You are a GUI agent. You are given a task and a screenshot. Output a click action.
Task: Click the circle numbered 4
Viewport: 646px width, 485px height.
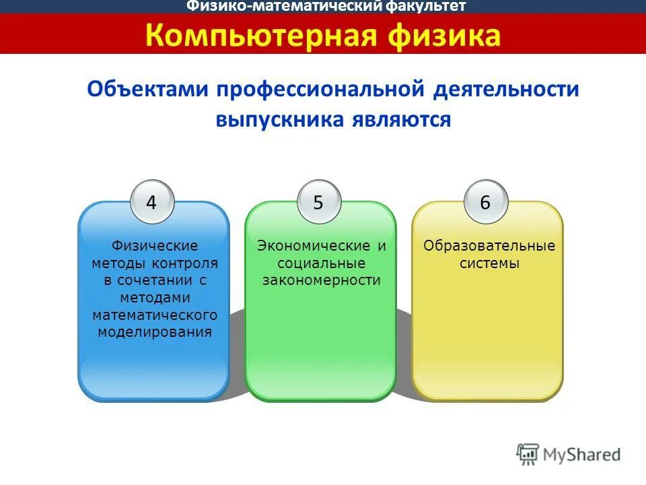[x=151, y=202]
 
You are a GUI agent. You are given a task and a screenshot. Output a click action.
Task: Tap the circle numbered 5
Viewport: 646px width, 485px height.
[x=318, y=202]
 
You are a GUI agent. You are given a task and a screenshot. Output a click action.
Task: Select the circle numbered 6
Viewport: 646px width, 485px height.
[x=485, y=202]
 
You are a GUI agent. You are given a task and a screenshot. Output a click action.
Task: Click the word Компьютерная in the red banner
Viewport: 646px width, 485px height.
[x=261, y=35]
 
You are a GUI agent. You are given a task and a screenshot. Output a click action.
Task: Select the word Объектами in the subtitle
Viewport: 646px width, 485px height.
[x=147, y=90]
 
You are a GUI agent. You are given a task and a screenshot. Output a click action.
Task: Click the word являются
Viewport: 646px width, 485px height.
[x=398, y=120]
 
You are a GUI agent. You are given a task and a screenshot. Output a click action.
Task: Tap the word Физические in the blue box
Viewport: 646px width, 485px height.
[x=154, y=245]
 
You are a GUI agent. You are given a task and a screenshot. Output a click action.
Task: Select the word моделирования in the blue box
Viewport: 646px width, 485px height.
[x=155, y=332]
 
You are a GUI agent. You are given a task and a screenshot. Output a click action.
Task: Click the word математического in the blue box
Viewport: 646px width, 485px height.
[x=155, y=315]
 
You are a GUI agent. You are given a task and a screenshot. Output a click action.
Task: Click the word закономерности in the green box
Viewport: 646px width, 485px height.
[x=321, y=280]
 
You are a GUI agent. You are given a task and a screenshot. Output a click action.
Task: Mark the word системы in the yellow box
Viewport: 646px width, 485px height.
[x=489, y=263]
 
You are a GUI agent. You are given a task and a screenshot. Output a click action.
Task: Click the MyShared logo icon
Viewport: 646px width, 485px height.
[x=528, y=453]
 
